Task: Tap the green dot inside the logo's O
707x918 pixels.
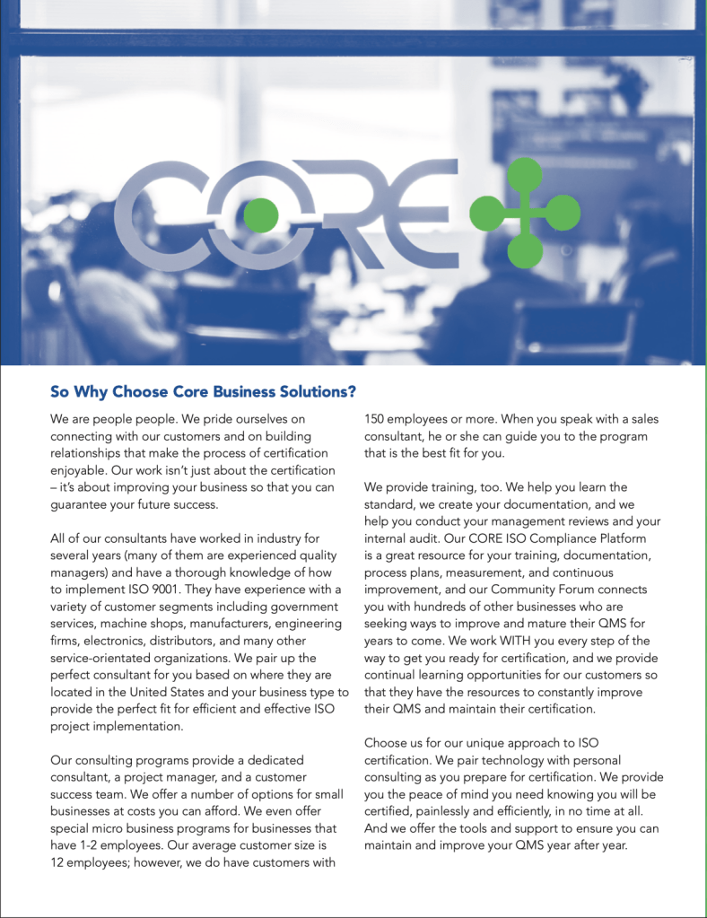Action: [x=261, y=214]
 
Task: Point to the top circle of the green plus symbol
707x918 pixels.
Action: [x=516, y=172]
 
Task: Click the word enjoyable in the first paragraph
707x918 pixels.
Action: [x=81, y=470]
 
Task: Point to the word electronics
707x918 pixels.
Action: [x=85, y=641]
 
